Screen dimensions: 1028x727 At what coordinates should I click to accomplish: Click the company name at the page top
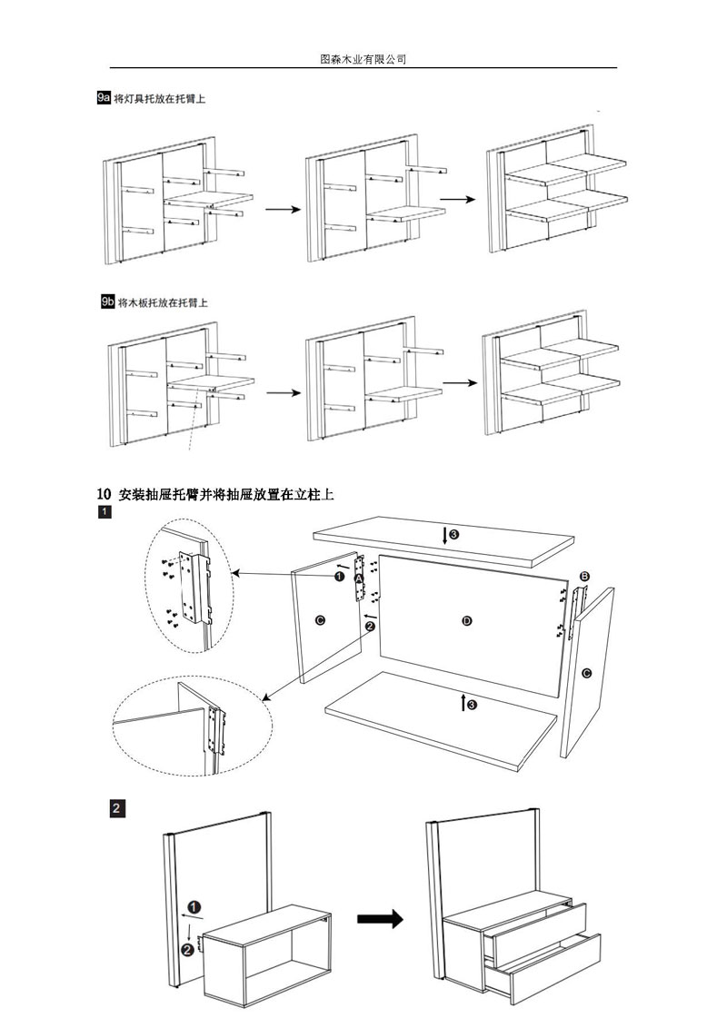(x=363, y=59)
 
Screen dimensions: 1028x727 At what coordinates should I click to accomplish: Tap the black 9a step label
(x=103, y=98)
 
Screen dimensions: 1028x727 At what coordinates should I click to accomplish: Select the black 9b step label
(x=107, y=301)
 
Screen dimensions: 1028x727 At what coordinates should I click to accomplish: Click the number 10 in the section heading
(x=104, y=494)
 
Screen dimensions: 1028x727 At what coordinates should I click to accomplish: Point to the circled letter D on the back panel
(x=467, y=620)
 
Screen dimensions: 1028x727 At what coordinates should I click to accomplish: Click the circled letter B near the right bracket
(x=584, y=576)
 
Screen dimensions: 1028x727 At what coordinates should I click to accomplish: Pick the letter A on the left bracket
(x=360, y=578)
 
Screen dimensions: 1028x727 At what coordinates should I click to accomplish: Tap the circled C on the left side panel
(x=319, y=619)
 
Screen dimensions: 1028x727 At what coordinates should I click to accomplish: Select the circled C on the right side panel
(x=586, y=673)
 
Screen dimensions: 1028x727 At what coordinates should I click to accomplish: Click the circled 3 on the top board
(x=453, y=534)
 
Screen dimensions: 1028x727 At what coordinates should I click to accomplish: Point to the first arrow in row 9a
(x=282, y=209)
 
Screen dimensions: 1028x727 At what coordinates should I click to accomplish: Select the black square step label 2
(x=116, y=807)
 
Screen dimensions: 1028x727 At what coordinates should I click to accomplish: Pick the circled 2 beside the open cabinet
(x=187, y=950)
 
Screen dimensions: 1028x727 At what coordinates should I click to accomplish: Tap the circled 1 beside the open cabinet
(x=194, y=905)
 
